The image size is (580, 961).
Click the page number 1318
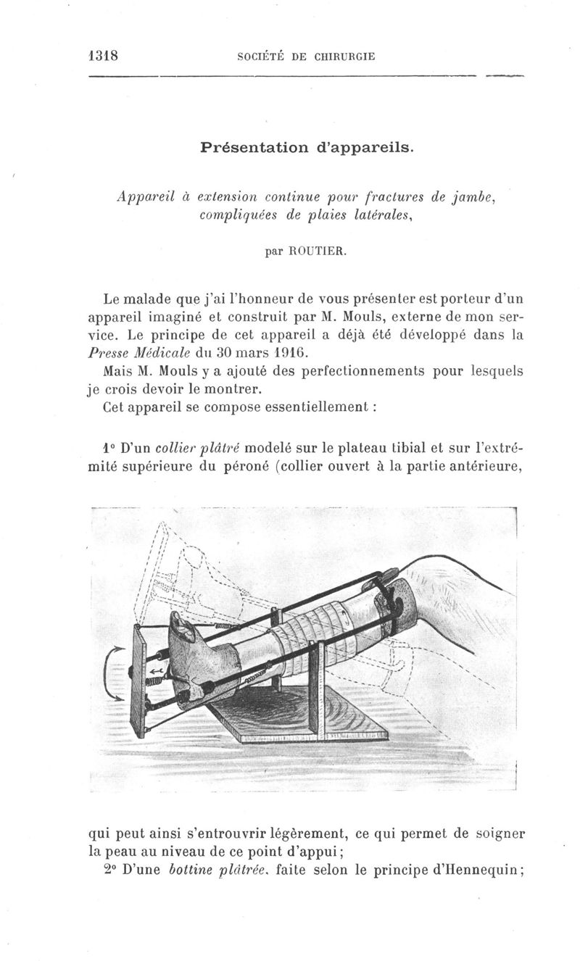pos(102,56)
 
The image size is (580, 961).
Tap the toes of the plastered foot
pos(182,624)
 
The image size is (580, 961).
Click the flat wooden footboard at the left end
pos(138,681)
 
